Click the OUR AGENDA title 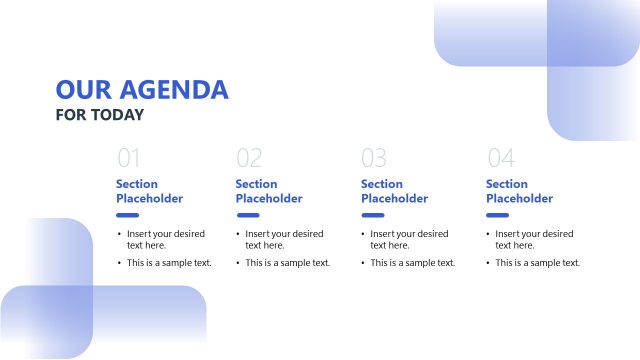pos(142,90)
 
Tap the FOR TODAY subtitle pos(100,115)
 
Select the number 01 pos(129,158)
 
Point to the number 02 pos(249,158)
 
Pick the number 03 pos(374,158)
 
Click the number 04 pos(500,158)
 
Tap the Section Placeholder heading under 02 pos(269,191)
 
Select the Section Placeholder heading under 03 pos(394,191)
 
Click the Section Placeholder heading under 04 pos(519,191)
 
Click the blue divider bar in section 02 pos(247,215)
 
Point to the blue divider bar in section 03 pos(372,215)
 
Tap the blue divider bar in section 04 pos(497,215)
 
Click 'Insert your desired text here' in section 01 pos(165,239)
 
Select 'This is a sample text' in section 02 pos(288,263)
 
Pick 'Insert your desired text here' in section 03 pos(409,239)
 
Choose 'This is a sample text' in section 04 pos(538,263)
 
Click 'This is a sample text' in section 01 pos(169,263)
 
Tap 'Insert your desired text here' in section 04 pos(534,239)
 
